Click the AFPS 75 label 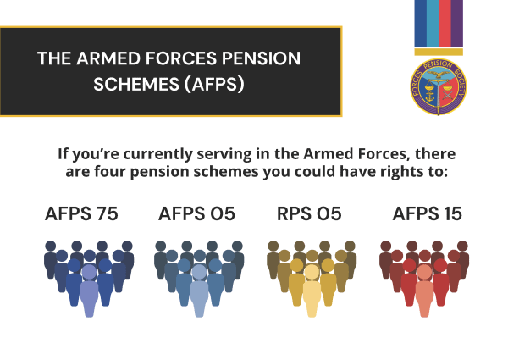[81, 213]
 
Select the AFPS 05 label [196, 213]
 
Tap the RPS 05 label [309, 213]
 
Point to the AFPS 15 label [428, 213]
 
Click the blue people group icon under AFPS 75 [89, 275]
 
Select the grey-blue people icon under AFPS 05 [199, 275]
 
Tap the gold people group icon [312, 275]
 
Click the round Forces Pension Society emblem [439, 86]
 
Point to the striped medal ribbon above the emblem [439, 24]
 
